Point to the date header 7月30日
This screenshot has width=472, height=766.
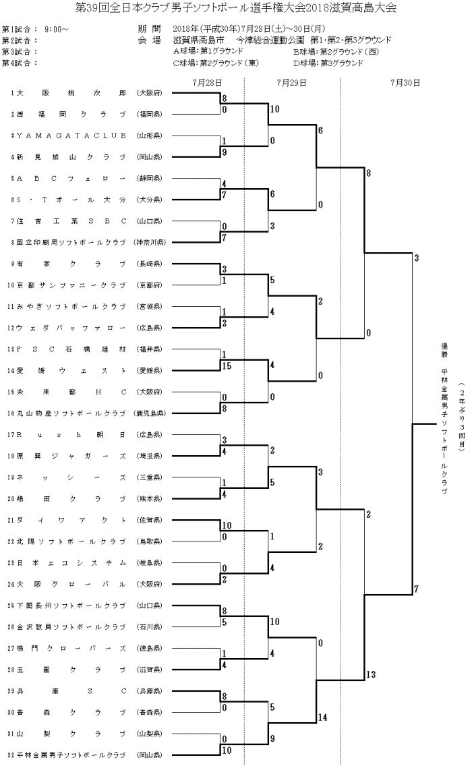[405, 82]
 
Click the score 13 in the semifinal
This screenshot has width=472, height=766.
[371, 674]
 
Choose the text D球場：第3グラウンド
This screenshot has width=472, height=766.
[328, 63]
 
